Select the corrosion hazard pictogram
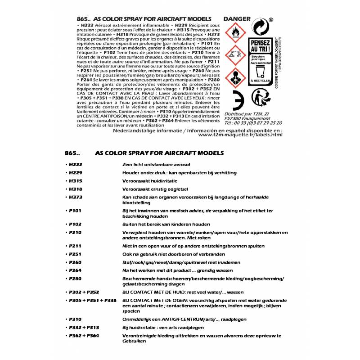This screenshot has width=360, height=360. (235, 55)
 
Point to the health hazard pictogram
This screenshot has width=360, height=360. (235, 77)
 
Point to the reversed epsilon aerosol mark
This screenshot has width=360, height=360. (237, 98)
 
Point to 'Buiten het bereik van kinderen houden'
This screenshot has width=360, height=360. (166, 224)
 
